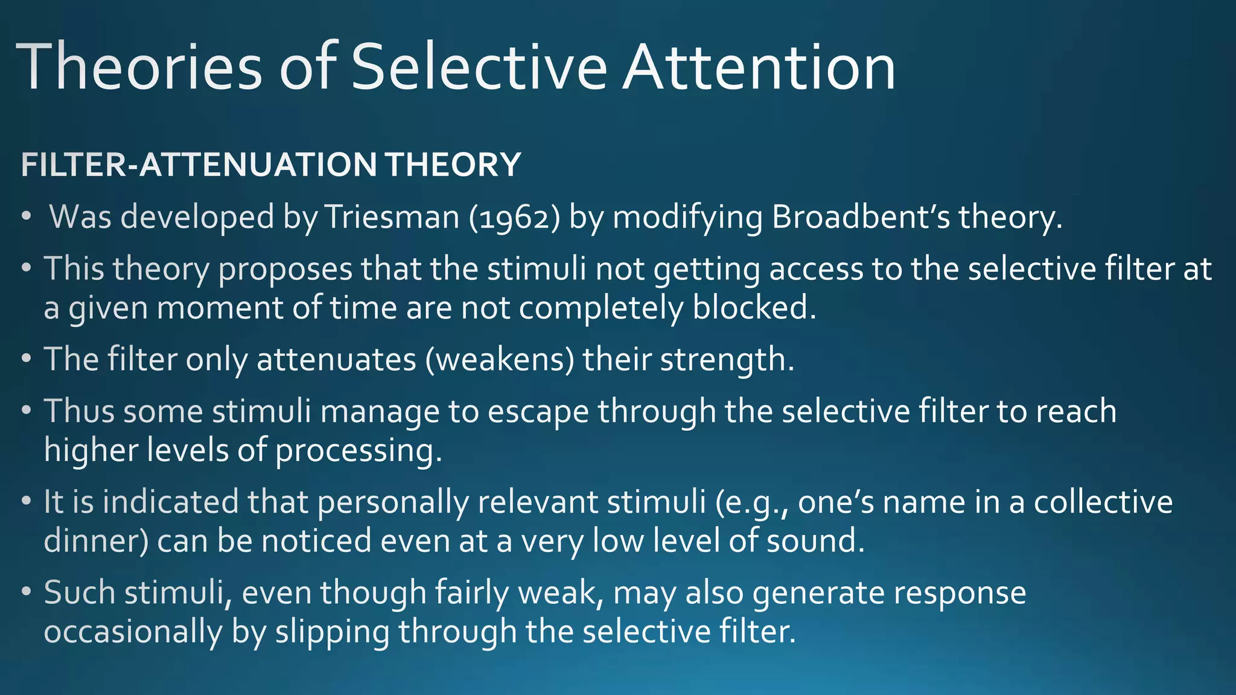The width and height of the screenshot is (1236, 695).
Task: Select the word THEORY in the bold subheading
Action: pos(453,165)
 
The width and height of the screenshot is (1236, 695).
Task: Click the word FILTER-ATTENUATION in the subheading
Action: pos(199,165)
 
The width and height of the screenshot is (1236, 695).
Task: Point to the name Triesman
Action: pos(392,217)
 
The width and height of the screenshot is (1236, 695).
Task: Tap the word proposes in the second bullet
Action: pos(285,269)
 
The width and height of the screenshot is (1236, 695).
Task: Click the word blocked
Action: pos(754,308)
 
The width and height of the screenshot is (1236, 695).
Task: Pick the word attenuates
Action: pos(336,360)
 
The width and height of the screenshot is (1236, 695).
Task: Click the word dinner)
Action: pos(96,541)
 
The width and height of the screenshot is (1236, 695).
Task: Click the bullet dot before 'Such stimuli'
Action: pos(26,592)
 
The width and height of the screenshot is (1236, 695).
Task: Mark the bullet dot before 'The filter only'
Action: pos(26,360)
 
